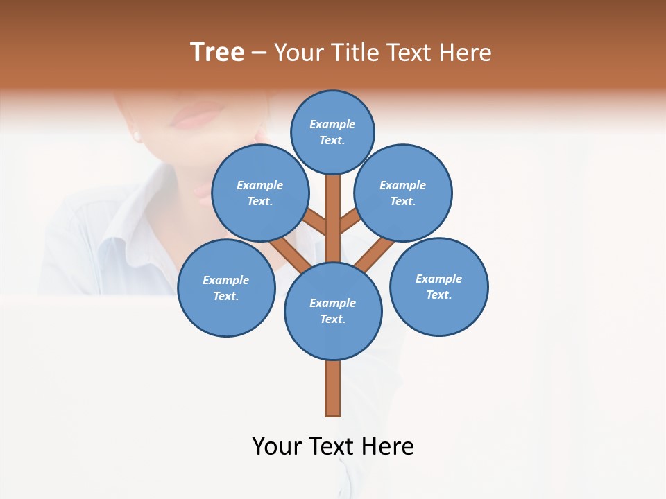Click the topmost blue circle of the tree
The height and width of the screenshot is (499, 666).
pos(332,132)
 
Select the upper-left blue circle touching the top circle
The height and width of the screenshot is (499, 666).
pos(260,193)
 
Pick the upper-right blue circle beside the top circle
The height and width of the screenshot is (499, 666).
pos(403,193)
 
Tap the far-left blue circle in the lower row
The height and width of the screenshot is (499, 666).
pos(226,288)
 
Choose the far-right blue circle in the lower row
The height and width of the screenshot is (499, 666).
pos(439,286)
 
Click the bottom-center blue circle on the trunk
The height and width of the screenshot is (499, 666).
pos(333,311)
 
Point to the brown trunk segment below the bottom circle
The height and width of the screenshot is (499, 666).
pos(333,388)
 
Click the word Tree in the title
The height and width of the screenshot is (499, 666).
pos(217,52)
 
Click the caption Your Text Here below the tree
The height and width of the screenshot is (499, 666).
pos(333,446)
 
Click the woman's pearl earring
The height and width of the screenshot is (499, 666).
pos(137,135)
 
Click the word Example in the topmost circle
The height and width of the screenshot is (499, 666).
pos(332,124)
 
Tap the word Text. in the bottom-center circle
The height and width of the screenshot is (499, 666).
pos(332,319)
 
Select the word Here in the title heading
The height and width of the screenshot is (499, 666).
pos(466,52)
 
